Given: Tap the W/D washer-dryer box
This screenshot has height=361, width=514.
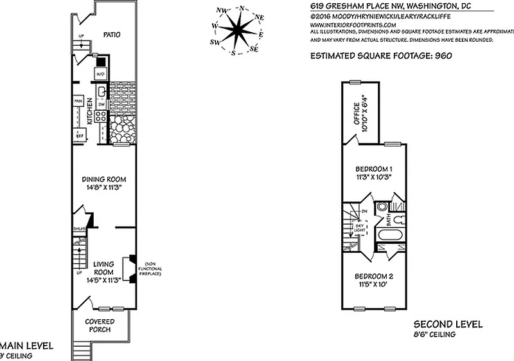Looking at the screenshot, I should [x=100, y=75].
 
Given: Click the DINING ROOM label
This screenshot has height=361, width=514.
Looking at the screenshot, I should [x=103, y=179].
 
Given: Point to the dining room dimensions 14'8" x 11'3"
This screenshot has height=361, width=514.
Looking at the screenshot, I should [x=103, y=187].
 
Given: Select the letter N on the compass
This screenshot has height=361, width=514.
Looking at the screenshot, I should [x=242, y=8].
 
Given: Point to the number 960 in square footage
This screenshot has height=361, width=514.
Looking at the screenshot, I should [x=443, y=56].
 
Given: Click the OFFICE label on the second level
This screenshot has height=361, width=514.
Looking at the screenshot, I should [x=354, y=112].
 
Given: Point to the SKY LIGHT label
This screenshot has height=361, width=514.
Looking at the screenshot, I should [x=362, y=229].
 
